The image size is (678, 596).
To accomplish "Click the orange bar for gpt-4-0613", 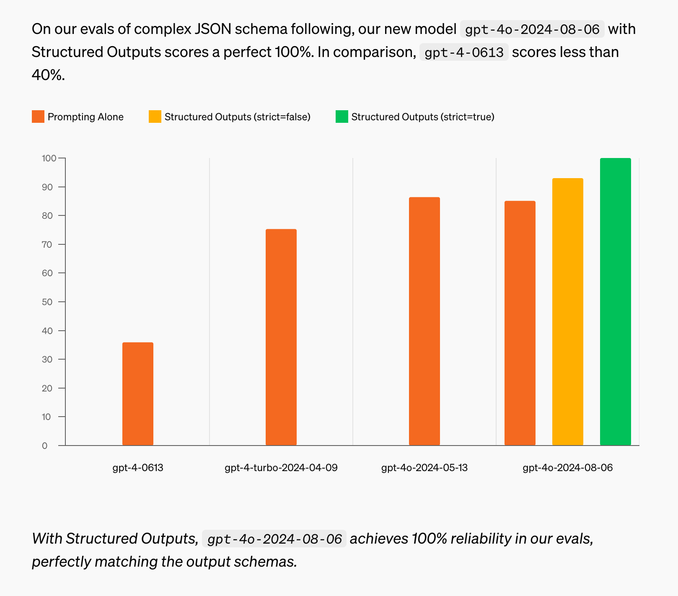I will click(x=138, y=394).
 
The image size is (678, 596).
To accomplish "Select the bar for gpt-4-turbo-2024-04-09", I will click(x=281, y=337).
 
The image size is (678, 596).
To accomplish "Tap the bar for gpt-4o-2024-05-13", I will click(x=424, y=321).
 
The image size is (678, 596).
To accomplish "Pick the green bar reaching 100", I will click(x=615, y=301).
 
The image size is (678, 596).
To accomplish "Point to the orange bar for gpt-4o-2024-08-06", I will click(x=520, y=323).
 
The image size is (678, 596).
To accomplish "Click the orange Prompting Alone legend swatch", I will click(x=38, y=117).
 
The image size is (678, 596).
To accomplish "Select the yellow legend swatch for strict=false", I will click(x=155, y=117).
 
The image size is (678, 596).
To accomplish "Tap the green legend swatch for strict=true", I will click(x=342, y=117).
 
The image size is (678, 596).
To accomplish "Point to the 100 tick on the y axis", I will click(x=49, y=158).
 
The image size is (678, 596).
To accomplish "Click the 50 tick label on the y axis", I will click(x=47, y=302).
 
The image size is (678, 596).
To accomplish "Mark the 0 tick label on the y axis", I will click(x=45, y=446).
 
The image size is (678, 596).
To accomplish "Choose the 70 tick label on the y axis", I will click(x=47, y=244).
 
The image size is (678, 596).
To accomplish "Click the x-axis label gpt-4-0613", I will click(x=138, y=468).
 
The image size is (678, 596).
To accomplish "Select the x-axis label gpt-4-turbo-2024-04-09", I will click(x=281, y=468).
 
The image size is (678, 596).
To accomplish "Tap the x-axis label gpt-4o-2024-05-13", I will click(x=424, y=468).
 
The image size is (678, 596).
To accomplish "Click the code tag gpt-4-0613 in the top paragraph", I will click(x=464, y=52).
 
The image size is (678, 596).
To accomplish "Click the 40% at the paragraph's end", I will click(x=48, y=75).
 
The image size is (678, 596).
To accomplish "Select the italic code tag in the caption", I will click(x=274, y=539).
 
